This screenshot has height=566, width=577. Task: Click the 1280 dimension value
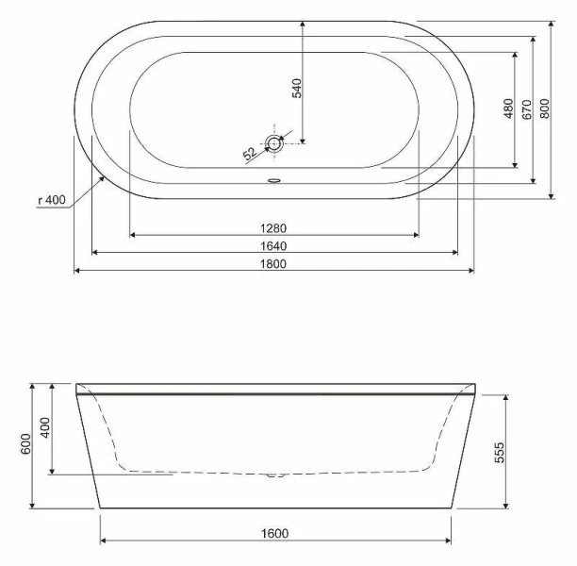click(x=273, y=226)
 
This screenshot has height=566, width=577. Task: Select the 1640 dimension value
click(x=273, y=245)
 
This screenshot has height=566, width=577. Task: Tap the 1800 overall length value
click(x=273, y=264)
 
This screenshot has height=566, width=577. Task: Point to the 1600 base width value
click(x=274, y=534)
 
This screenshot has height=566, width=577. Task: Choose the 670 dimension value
click(x=527, y=108)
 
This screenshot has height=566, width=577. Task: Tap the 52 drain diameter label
click(x=250, y=153)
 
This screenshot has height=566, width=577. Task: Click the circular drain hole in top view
click(x=274, y=143)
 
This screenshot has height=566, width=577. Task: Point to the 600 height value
click(x=25, y=444)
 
